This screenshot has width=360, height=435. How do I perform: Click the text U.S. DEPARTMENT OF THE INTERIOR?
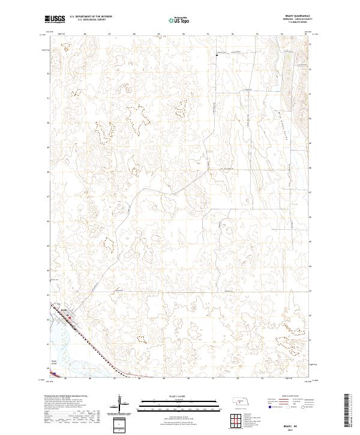pyautogui.click(x=91, y=17)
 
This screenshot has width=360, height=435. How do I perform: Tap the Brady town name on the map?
pyautogui.click(x=64, y=310)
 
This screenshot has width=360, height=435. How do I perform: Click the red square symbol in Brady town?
pyautogui.click(x=70, y=317)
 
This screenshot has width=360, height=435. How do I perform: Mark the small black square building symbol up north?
pyautogui.click(x=217, y=55)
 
